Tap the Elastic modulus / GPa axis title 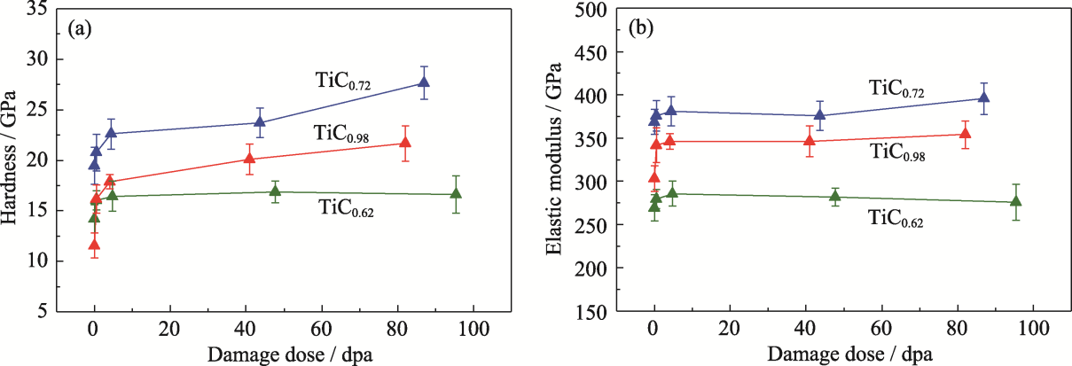(553, 160)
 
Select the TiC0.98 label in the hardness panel (341, 133)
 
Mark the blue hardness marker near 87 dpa (424, 82)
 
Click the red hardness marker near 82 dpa (405, 143)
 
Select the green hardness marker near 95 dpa (456, 194)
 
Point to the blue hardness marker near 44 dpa (260, 122)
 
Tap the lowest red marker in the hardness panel (94, 245)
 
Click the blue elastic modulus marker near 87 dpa (983, 97)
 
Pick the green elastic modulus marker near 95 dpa (1016, 202)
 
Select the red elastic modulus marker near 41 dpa (810, 141)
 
